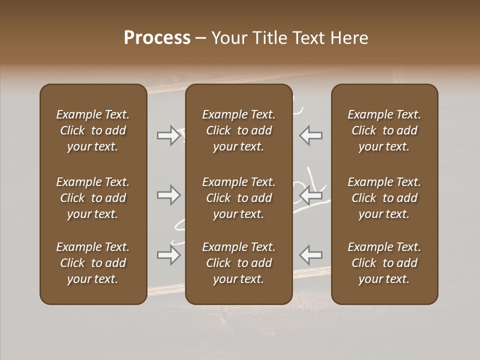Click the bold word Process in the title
pos(157,38)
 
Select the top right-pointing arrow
pos(168,135)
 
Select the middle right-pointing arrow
pos(168,195)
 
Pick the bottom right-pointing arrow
pos(168,255)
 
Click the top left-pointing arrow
pos(310,135)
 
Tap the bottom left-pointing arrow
pos(310,255)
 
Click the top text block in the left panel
pos(93,130)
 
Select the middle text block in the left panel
pos(93,198)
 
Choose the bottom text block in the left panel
pos(93,263)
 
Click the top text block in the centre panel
pos(239,130)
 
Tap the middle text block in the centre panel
pos(239,198)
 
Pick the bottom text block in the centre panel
pos(239,263)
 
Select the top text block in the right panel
pos(384,130)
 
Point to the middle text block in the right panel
pos(384,198)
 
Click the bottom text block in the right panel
pos(384,263)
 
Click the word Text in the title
pos(310,38)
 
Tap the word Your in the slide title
pos(228,38)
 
